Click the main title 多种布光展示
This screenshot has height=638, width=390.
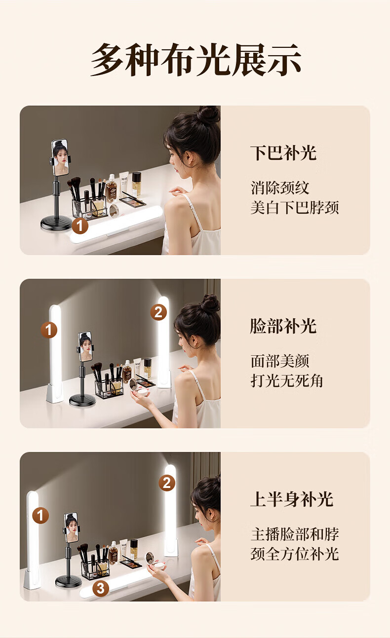[x=196, y=60]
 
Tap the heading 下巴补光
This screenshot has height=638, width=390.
[x=283, y=153]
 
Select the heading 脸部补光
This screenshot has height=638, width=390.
[x=283, y=326]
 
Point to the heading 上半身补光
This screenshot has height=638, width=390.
[x=292, y=499]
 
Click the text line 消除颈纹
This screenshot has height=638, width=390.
[x=280, y=188]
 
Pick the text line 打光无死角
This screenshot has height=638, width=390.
[x=287, y=381]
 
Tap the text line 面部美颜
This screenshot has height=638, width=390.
[x=280, y=361]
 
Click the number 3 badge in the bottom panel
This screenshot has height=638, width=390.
[x=101, y=589]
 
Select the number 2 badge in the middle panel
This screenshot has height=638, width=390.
[x=158, y=312]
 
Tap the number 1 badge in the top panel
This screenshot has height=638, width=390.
[x=80, y=225]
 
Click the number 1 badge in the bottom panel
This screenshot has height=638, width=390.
[x=40, y=516]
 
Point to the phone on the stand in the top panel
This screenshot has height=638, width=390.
[x=60, y=157]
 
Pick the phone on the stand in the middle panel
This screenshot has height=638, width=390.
[x=85, y=346]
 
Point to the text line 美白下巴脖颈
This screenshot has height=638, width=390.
[x=295, y=207]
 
